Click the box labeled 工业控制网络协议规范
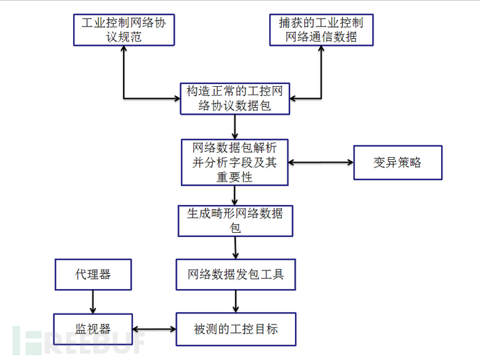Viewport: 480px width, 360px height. [x=124, y=29]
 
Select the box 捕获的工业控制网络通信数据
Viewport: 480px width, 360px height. [x=321, y=29]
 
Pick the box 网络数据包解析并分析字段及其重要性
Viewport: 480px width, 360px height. [x=234, y=162]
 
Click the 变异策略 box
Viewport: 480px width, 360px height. [x=397, y=163]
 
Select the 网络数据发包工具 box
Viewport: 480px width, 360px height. [x=235, y=275]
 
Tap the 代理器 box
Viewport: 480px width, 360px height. [x=93, y=275]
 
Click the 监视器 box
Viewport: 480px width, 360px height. [x=93, y=329]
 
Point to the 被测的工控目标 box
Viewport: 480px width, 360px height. [x=235, y=329]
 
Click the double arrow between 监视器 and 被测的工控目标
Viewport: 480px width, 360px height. [x=153, y=329]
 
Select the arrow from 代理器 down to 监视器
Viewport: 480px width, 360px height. [x=92, y=302]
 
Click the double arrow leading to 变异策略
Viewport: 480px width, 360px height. [x=321, y=163]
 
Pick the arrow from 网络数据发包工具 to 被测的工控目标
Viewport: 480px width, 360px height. [x=236, y=301]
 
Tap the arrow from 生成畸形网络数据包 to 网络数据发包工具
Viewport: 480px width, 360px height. [x=236, y=247]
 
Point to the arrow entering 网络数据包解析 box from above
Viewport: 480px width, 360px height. [x=236, y=127]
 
